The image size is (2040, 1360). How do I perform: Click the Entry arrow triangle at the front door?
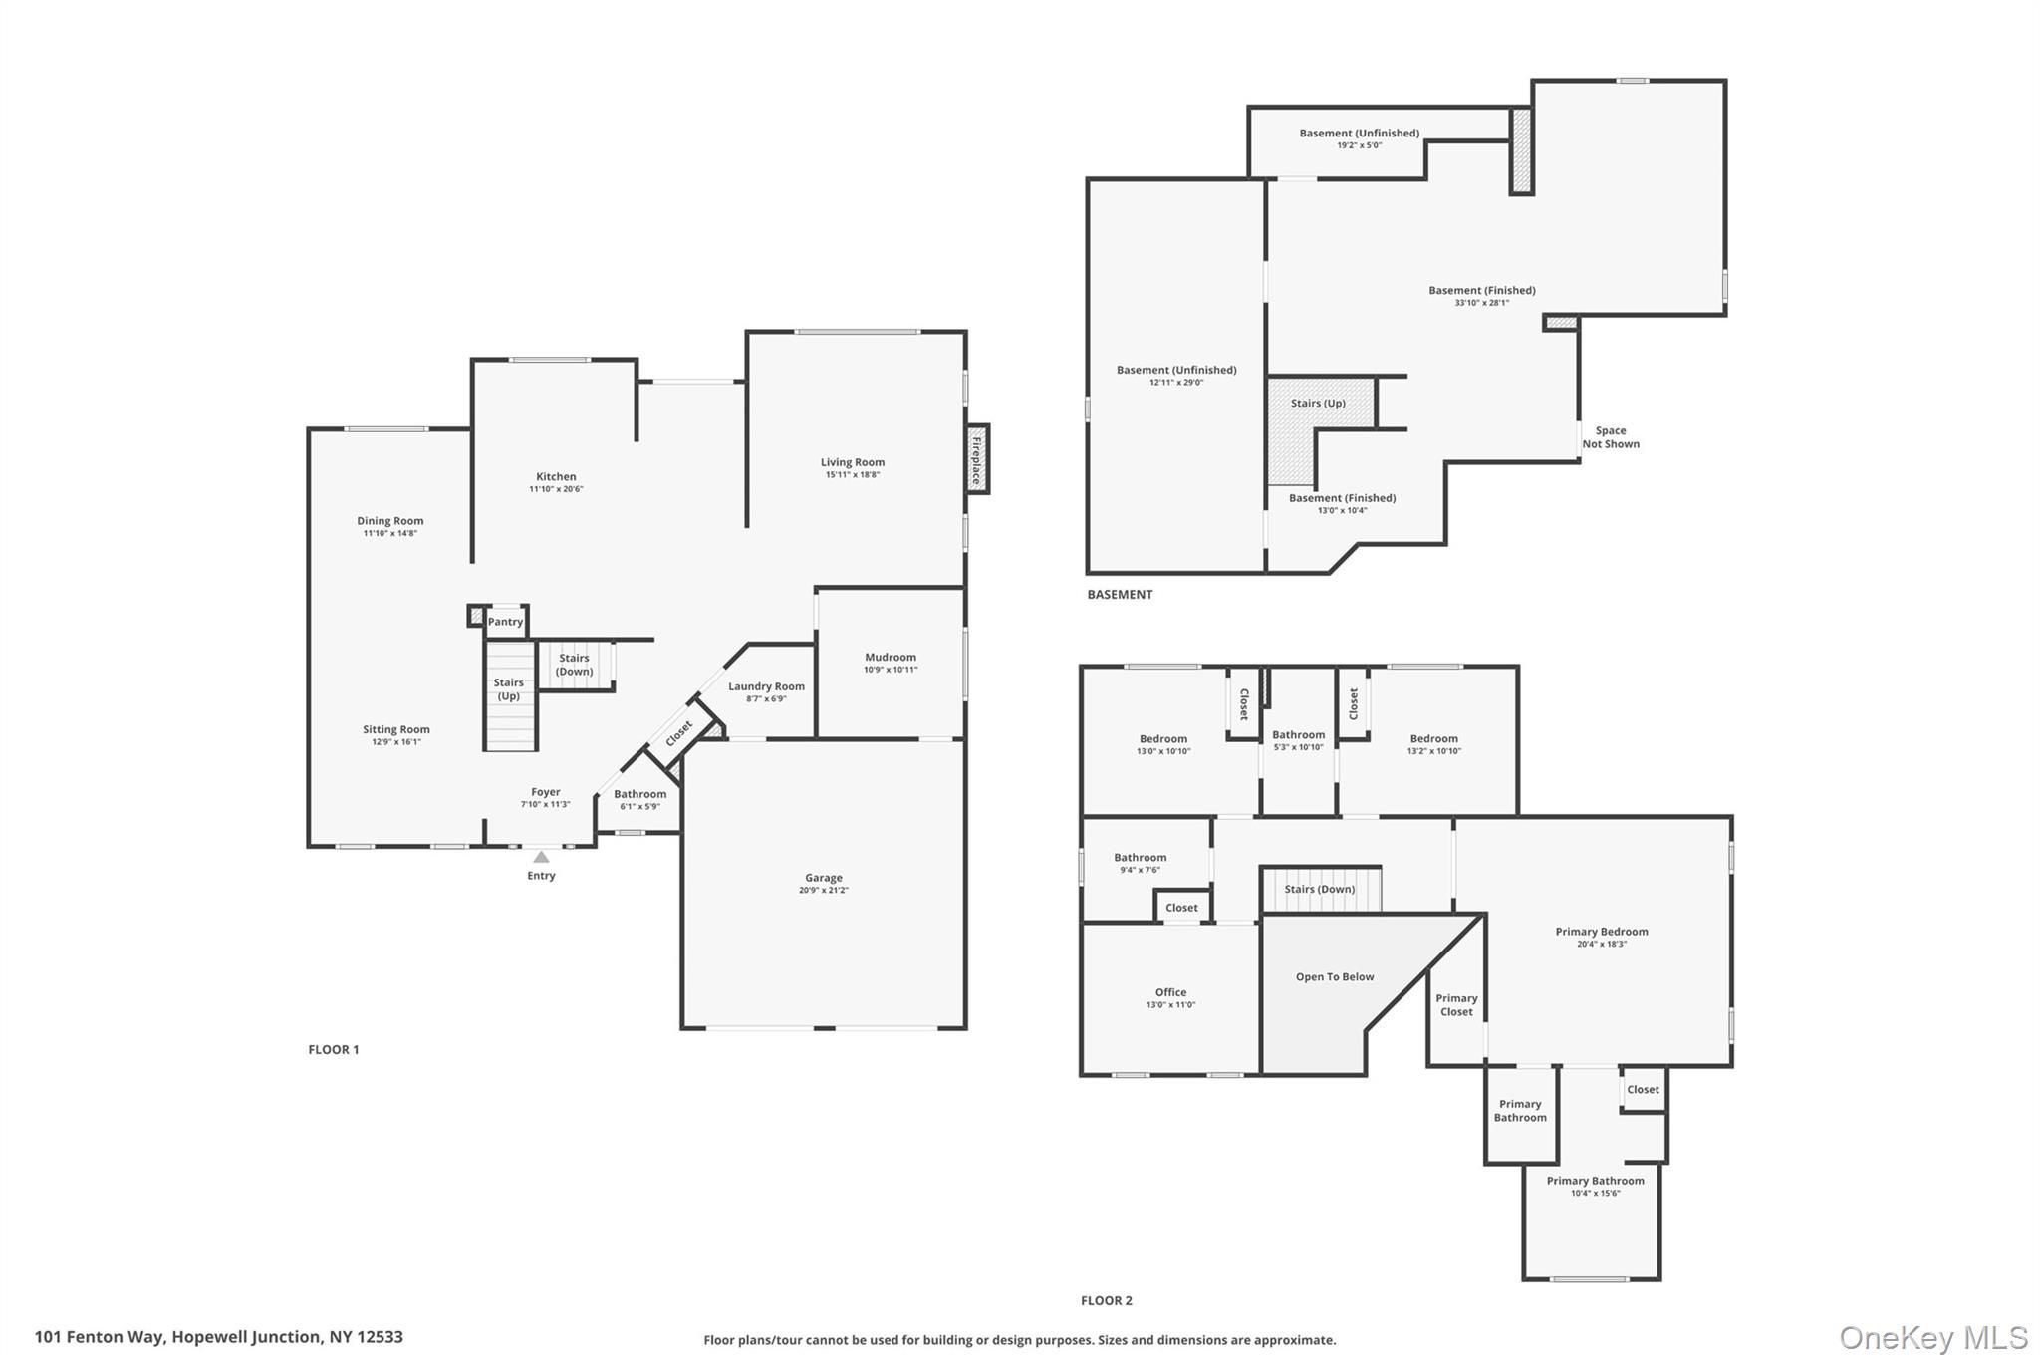pyautogui.click(x=541, y=857)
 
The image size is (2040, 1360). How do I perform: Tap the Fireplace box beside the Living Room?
pyautogui.click(x=977, y=459)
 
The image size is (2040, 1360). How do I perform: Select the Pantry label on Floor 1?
pyautogui.click(x=505, y=622)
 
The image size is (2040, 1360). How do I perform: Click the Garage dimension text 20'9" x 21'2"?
pyautogui.click(x=823, y=891)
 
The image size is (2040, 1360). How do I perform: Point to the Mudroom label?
pyautogui.click(x=890, y=657)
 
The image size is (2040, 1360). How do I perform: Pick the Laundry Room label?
pyautogui.click(x=766, y=686)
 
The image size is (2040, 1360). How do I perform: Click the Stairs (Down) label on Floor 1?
pyautogui.click(x=574, y=665)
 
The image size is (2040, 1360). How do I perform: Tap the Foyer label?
pyautogui.click(x=545, y=792)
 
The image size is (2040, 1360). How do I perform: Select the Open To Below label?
pyautogui.click(x=1334, y=977)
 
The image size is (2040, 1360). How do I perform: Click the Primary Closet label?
pyautogui.click(x=1455, y=1005)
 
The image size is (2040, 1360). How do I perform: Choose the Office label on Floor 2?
pyautogui.click(x=1170, y=992)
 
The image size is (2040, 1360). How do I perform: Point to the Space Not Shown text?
pyautogui.click(x=1610, y=437)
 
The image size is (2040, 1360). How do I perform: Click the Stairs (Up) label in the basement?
pyautogui.click(x=1317, y=404)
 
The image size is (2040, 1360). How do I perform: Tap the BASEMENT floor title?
pyautogui.click(x=1119, y=595)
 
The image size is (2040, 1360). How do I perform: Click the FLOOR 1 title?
pyautogui.click(x=333, y=1050)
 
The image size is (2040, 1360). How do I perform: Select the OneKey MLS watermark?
pyautogui.click(x=1932, y=1338)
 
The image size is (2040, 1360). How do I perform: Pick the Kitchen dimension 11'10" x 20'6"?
pyautogui.click(x=555, y=489)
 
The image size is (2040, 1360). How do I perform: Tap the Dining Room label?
pyautogui.click(x=389, y=521)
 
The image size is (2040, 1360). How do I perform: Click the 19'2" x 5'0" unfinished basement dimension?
pyautogui.click(x=1359, y=145)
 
